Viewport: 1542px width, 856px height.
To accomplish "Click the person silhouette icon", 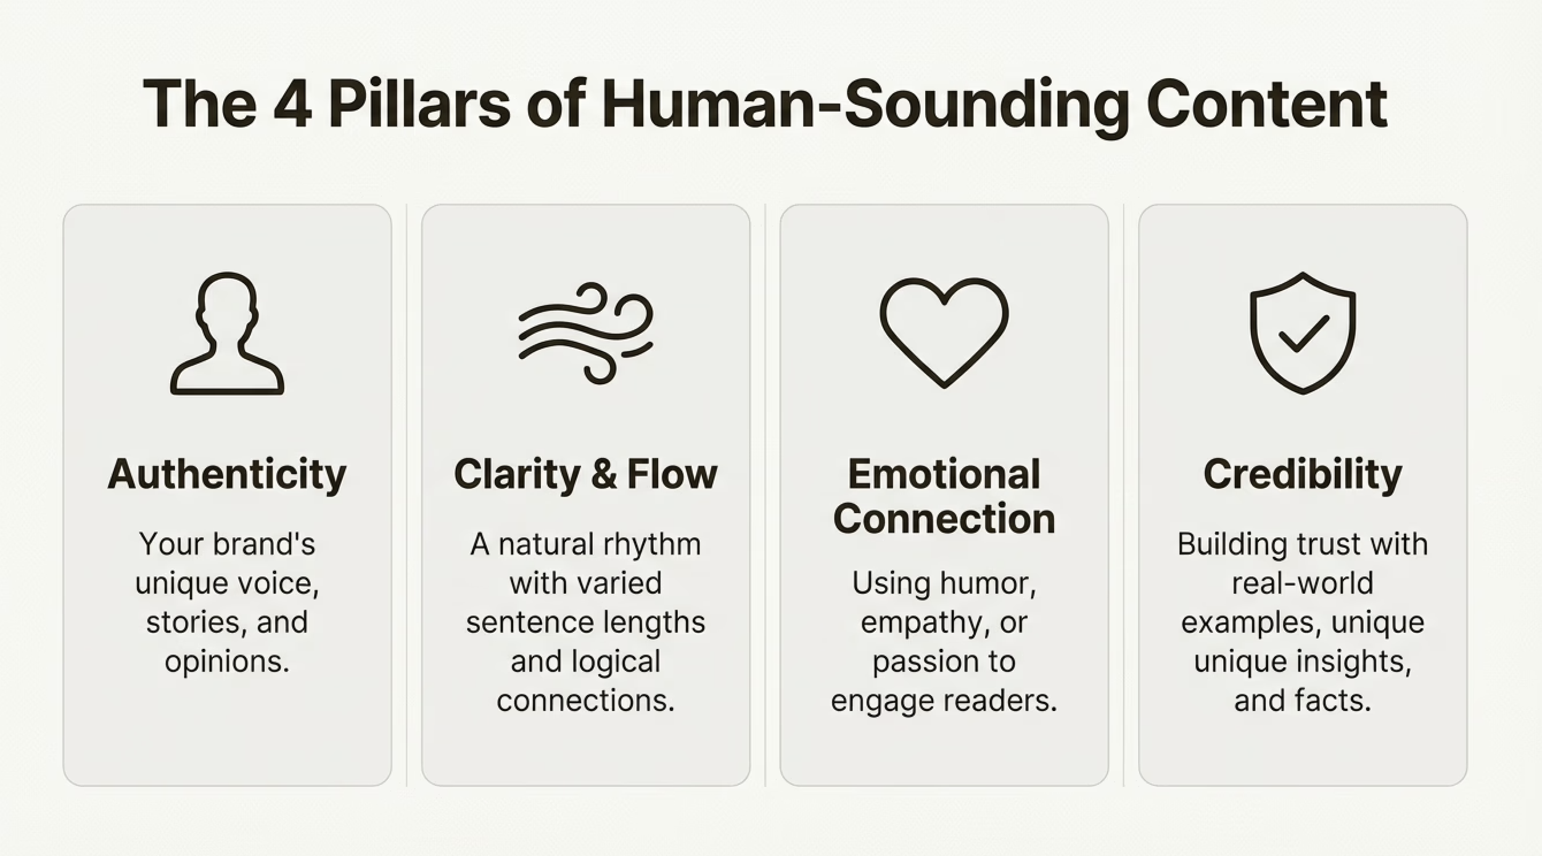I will (227, 333).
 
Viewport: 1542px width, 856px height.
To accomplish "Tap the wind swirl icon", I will (585, 333).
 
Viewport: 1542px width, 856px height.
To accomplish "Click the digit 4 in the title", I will (292, 105).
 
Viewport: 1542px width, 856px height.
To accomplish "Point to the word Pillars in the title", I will (419, 105).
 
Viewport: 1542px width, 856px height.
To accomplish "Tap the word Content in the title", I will (1267, 105).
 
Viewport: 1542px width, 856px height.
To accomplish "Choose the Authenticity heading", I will (227, 474).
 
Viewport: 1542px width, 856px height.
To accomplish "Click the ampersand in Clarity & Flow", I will (604, 474).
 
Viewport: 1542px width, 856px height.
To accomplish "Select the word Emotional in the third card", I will (944, 474).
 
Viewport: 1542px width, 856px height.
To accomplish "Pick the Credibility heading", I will (1303, 474).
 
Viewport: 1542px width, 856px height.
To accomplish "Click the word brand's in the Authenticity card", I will (264, 545).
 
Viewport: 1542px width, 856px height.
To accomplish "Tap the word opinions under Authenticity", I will (227, 662).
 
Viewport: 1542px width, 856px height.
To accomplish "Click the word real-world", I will (1303, 583).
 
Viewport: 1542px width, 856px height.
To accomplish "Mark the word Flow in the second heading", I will (672, 474).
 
